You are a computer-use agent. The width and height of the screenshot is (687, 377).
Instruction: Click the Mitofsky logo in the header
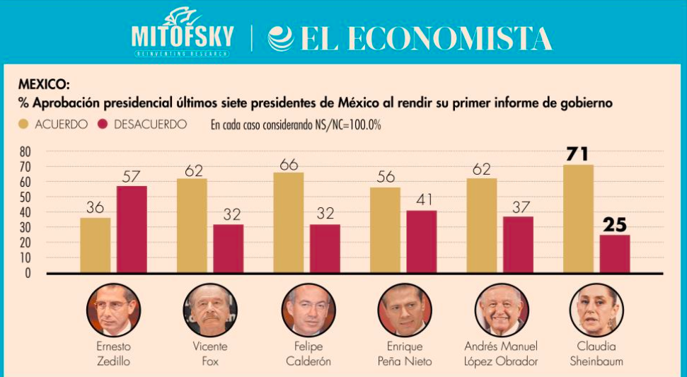tap(182, 33)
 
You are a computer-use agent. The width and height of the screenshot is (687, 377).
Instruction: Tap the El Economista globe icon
tap(280, 38)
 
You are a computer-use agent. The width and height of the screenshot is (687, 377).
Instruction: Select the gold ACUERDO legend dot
tap(23, 124)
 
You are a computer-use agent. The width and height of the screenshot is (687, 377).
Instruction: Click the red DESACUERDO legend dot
tap(103, 124)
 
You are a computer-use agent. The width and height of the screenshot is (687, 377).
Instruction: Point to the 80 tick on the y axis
tap(25, 152)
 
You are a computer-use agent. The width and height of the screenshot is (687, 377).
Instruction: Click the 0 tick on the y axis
tap(28, 273)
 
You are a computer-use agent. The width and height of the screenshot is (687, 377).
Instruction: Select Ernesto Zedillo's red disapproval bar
tap(132, 230)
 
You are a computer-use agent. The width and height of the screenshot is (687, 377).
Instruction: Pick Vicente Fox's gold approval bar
tap(192, 226)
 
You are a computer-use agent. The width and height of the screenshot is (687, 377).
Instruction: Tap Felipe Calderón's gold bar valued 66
tap(288, 223)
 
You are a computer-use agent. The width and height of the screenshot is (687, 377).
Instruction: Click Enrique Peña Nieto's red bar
tap(422, 242)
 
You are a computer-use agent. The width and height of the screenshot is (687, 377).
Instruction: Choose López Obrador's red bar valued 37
tap(519, 245)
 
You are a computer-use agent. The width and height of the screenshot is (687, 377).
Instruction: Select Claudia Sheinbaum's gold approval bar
tap(578, 219)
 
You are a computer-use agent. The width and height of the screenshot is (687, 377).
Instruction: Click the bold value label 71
tap(577, 154)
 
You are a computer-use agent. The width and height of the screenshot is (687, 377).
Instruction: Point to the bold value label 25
tap(615, 225)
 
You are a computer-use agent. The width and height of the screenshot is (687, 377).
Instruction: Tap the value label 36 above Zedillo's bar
tap(95, 207)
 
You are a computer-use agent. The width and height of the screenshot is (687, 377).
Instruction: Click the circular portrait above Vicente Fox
tap(210, 310)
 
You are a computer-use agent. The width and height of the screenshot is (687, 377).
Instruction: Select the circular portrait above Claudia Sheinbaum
tap(596, 310)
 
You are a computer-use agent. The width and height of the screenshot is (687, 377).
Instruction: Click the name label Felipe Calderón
tap(308, 354)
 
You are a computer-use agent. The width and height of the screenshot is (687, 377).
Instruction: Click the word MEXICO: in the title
tap(44, 84)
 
